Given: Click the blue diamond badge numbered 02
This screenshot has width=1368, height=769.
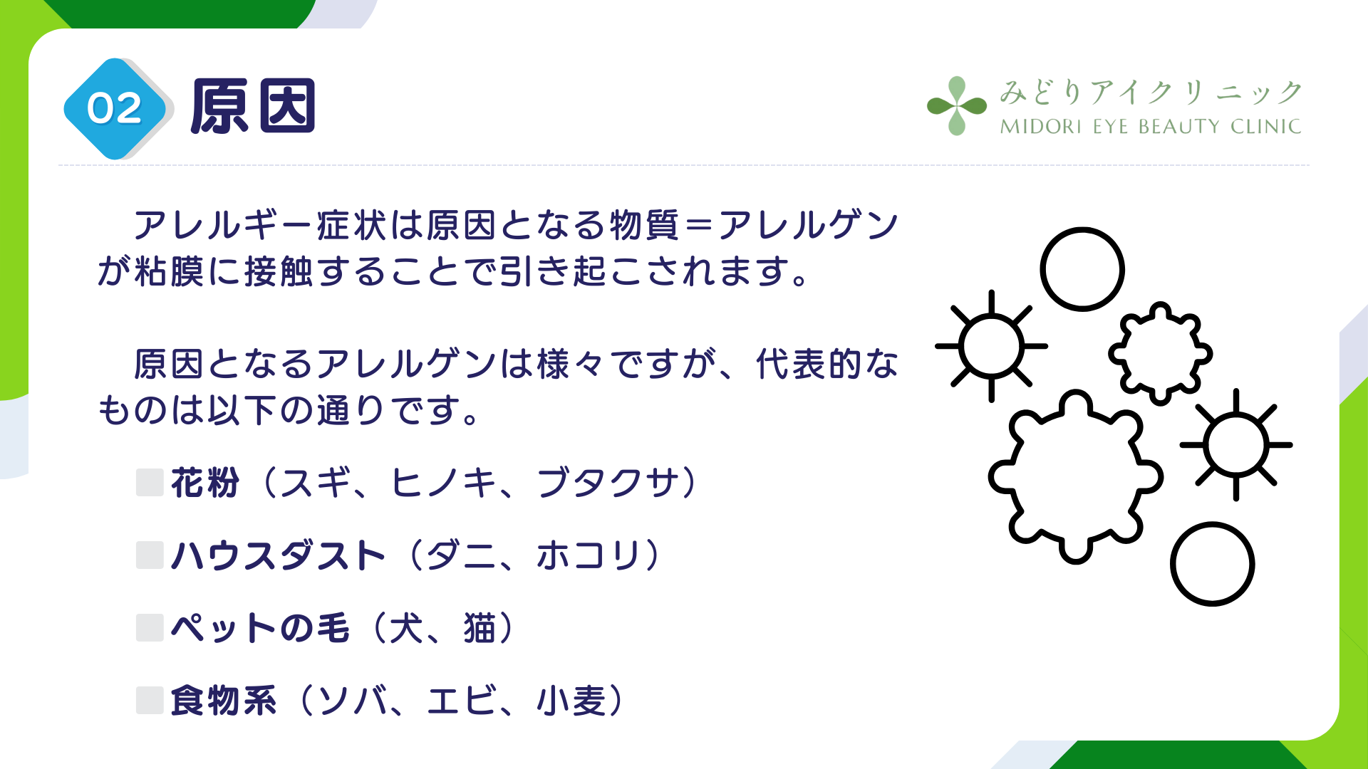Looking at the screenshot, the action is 115,109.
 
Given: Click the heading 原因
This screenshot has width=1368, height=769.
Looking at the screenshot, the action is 253,107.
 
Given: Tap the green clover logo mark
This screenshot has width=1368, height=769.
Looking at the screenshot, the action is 957,106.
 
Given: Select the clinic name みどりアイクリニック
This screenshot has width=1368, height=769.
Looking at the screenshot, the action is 1151,93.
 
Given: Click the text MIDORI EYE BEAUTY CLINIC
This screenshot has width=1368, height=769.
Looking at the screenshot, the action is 1151,127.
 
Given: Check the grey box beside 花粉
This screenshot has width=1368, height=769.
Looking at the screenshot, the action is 150,482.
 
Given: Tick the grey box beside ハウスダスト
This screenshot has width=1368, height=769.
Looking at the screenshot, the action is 150,555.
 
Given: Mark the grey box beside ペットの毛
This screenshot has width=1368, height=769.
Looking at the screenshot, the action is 150,628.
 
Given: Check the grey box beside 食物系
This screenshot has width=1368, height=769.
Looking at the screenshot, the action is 150,701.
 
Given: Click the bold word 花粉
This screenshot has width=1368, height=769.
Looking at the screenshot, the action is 205,483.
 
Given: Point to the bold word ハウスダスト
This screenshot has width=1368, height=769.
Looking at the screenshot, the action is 279,555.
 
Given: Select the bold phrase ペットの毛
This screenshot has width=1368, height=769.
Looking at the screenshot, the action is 261,628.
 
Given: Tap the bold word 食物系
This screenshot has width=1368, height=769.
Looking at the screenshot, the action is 224,701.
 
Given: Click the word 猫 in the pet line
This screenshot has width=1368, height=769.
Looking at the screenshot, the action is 480,628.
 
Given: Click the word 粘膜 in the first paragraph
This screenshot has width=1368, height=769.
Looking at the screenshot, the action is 169,271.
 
